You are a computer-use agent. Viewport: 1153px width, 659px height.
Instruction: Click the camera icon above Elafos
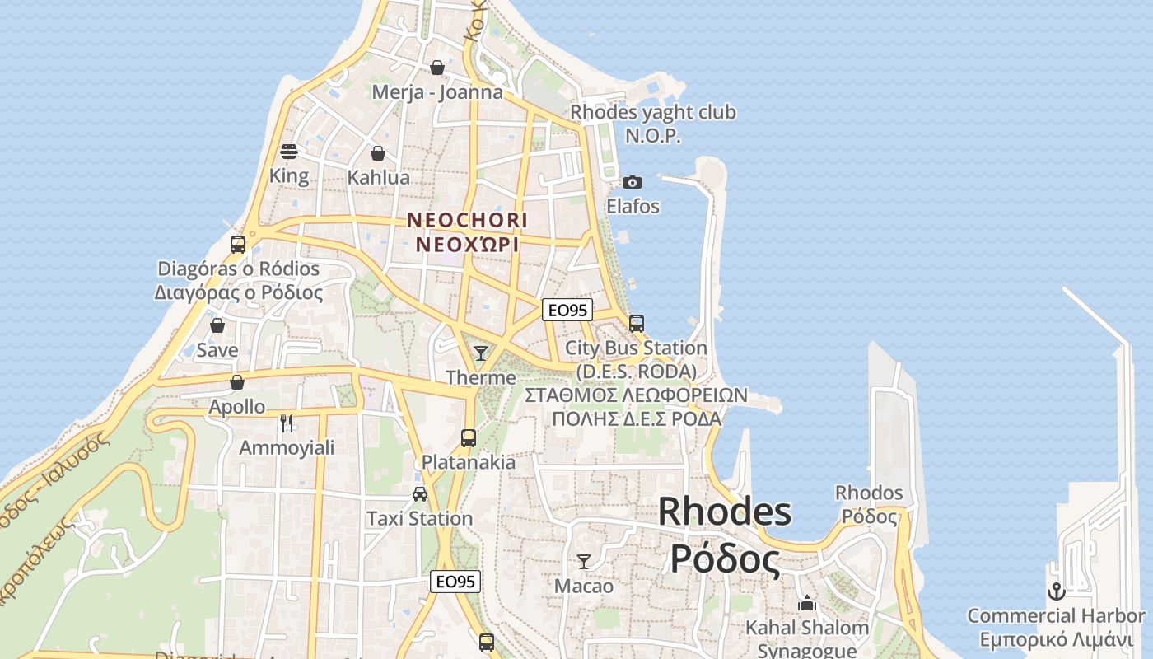pyautogui.click(x=633, y=182)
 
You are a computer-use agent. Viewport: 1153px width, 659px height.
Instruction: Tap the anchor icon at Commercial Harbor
pyautogui.click(x=1056, y=591)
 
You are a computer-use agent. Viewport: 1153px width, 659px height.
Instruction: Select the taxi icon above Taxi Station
pyautogui.click(x=420, y=494)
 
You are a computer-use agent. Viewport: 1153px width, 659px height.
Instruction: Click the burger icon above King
pyautogui.click(x=289, y=152)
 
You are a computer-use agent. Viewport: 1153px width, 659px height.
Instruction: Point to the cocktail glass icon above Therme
pyautogui.click(x=481, y=353)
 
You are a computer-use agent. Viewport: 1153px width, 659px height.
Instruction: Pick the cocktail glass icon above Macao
pyautogui.click(x=584, y=562)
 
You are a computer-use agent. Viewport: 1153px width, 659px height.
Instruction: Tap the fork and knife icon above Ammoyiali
pyautogui.click(x=287, y=423)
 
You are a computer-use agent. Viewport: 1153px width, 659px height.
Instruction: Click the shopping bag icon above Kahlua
pyautogui.click(x=378, y=153)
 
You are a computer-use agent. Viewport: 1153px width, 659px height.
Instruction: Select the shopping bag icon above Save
pyautogui.click(x=217, y=325)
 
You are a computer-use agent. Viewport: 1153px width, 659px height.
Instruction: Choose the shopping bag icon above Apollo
pyautogui.click(x=237, y=382)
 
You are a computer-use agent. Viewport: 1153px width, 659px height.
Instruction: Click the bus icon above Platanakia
pyautogui.click(x=469, y=437)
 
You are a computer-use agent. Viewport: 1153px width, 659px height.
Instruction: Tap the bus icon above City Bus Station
pyautogui.click(x=637, y=323)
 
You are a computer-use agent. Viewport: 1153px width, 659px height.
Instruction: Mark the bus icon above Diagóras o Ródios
pyautogui.click(x=238, y=244)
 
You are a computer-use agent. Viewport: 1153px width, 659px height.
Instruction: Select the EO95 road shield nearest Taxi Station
pyautogui.click(x=455, y=582)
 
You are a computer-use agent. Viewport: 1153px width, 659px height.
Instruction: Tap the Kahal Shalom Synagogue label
pyautogui.click(x=807, y=638)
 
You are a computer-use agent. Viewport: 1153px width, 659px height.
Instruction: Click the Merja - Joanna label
pyautogui.click(x=437, y=91)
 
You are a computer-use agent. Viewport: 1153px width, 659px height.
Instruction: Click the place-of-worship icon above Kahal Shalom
pyautogui.click(x=807, y=603)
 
